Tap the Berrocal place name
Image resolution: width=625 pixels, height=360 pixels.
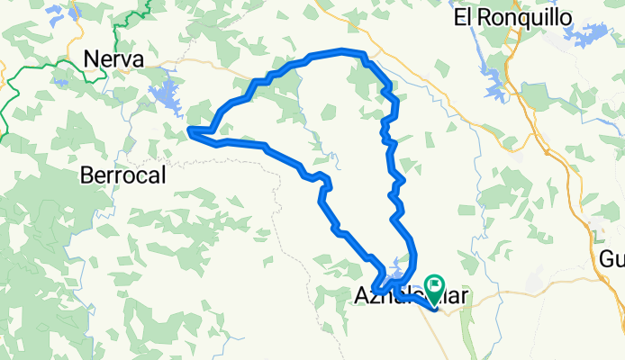coord(123,175)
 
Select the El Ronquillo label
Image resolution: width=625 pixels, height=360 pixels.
coord(499,17)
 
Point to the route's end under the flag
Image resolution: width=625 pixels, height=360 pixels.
coord(435,309)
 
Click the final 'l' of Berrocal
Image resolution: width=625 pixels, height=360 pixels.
coord(163,175)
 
